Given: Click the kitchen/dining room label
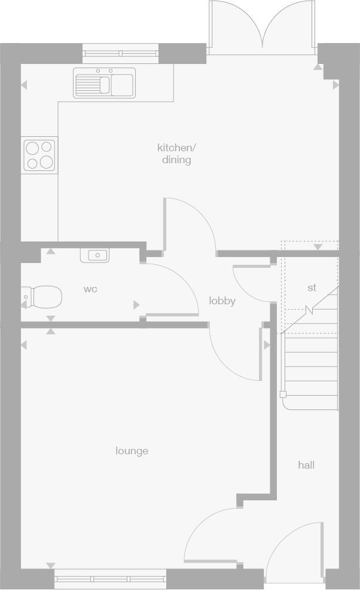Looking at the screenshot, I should [x=176, y=154].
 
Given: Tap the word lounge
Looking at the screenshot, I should [x=132, y=451].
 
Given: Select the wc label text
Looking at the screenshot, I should [x=90, y=289].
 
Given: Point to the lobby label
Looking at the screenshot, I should [x=222, y=301].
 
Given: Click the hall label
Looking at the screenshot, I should [x=306, y=464].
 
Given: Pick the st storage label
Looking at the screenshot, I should [x=312, y=288].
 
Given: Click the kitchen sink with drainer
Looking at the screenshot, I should [x=105, y=83].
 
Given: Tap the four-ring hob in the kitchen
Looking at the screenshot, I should [x=39, y=155].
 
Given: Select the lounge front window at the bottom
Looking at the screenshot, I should [x=110, y=579].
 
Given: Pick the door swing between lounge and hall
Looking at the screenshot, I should [x=209, y=535].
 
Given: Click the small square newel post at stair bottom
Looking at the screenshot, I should [x=283, y=395].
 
